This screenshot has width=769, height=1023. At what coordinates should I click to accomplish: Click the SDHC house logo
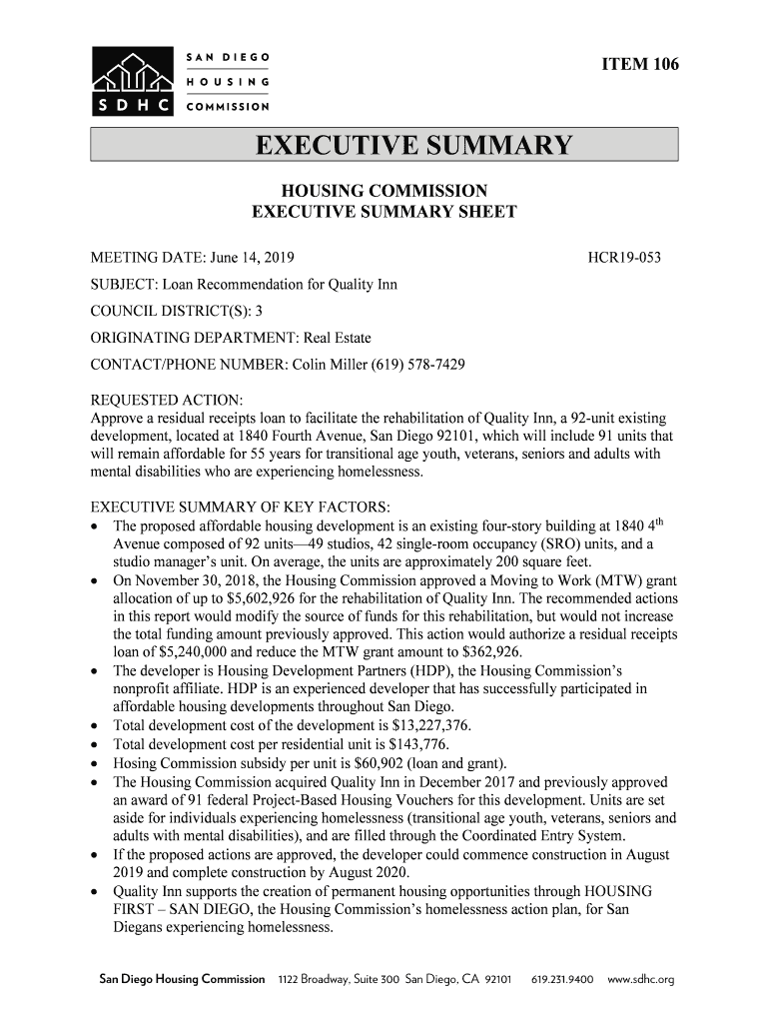(130, 79)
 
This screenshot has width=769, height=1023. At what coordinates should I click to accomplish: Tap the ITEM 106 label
(639, 65)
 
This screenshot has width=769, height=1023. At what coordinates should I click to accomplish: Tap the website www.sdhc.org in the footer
(641, 979)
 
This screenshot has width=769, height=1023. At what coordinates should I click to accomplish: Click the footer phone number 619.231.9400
(563, 979)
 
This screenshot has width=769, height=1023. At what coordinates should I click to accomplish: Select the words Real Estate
(338, 339)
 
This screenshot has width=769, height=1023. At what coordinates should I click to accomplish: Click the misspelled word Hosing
(137, 763)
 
